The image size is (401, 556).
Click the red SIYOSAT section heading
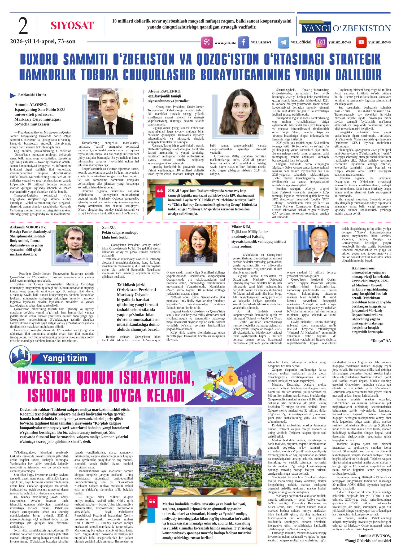[72, 25]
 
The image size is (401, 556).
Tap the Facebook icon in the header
[243, 42]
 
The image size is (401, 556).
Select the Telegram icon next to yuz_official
[283, 42]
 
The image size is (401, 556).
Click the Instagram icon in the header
[321, 42]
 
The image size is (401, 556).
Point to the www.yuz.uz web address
[225, 42]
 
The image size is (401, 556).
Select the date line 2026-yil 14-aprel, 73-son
[43, 41]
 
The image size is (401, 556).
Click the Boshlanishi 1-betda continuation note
[30, 95]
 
